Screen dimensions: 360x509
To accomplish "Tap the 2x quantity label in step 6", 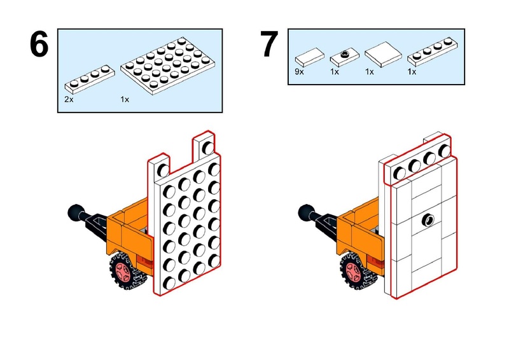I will point(69,100).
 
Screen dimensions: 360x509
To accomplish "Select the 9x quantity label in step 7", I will point(300,72).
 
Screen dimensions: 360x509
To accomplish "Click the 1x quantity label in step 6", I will point(125,100).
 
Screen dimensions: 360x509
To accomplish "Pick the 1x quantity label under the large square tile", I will point(370,72).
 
